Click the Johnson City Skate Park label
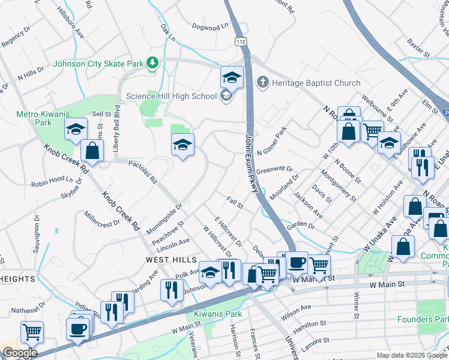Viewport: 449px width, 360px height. click(99, 63)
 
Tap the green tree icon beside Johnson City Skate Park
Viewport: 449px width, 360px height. click(153, 62)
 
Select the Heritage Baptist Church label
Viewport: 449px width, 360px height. click(316, 83)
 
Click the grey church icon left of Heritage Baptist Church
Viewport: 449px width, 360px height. click(262, 82)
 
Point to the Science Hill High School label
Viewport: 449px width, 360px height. click(171, 96)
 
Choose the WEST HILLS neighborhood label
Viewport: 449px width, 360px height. click(171, 260)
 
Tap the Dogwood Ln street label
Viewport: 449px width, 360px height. click(211, 26)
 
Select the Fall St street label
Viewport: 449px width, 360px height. click(235, 203)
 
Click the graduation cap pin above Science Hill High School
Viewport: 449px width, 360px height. click(232, 77)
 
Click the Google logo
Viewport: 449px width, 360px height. click(20, 353)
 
